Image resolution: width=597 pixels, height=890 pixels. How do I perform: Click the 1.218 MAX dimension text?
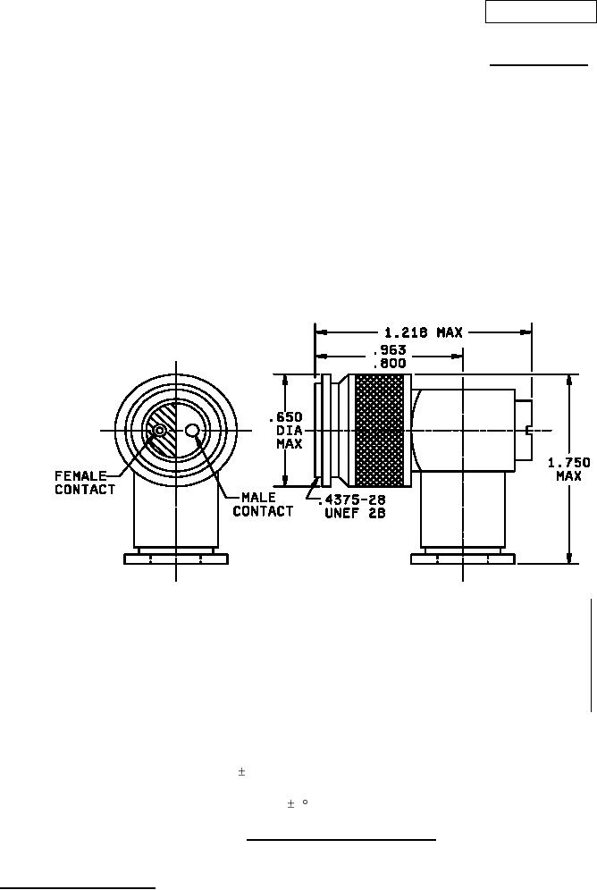(x=425, y=332)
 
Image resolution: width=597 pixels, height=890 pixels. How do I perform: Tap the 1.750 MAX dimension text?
(x=568, y=469)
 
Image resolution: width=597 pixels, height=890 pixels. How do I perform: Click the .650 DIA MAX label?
(x=285, y=430)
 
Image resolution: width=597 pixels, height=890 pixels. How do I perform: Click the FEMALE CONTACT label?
(x=85, y=483)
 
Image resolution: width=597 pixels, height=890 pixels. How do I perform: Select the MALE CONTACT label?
(x=263, y=504)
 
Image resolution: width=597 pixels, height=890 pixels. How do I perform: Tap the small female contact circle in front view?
(x=159, y=431)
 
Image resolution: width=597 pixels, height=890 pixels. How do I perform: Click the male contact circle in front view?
(x=192, y=431)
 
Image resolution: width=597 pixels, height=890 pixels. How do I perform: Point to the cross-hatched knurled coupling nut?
(x=379, y=430)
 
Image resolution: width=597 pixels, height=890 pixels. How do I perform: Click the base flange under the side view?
(x=463, y=559)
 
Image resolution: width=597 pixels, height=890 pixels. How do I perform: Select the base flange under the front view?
(x=176, y=559)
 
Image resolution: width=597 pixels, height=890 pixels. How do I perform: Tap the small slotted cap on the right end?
(x=524, y=430)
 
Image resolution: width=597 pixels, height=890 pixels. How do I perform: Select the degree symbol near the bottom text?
(x=305, y=802)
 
